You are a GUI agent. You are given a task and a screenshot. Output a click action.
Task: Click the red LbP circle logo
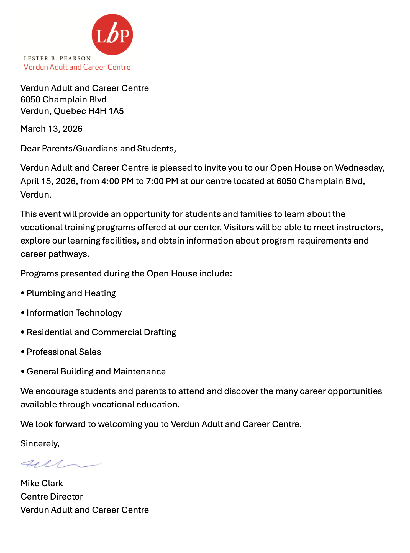tap(112, 35)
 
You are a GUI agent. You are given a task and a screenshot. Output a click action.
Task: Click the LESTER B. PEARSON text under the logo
tap(57, 58)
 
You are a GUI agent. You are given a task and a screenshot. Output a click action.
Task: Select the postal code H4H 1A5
tap(106, 111)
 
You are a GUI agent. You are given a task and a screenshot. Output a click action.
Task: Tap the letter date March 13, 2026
tap(52, 129)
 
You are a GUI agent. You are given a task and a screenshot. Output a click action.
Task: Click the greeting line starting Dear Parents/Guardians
tap(98, 149)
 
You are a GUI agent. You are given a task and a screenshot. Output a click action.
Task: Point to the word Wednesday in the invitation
tap(360, 168)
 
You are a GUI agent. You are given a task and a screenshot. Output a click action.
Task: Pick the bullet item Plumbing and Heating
tap(71, 293)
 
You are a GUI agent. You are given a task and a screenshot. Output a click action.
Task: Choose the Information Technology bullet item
tap(74, 313)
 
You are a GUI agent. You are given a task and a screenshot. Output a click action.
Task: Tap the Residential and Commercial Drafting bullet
tap(101, 332)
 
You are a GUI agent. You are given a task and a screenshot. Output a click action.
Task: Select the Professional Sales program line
tap(64, 352)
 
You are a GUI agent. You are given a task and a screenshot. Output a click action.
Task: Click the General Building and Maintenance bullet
tap(96, 372)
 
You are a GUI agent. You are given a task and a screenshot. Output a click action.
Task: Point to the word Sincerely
tap(40, 444)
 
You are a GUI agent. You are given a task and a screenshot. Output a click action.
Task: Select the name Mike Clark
tap(42, 484)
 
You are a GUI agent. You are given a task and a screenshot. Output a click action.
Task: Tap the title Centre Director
tap(52, 497)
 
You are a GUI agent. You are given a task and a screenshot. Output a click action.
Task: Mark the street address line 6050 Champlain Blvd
tap(63, 100)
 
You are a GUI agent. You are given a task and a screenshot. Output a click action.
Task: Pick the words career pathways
tap(55, 254)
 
